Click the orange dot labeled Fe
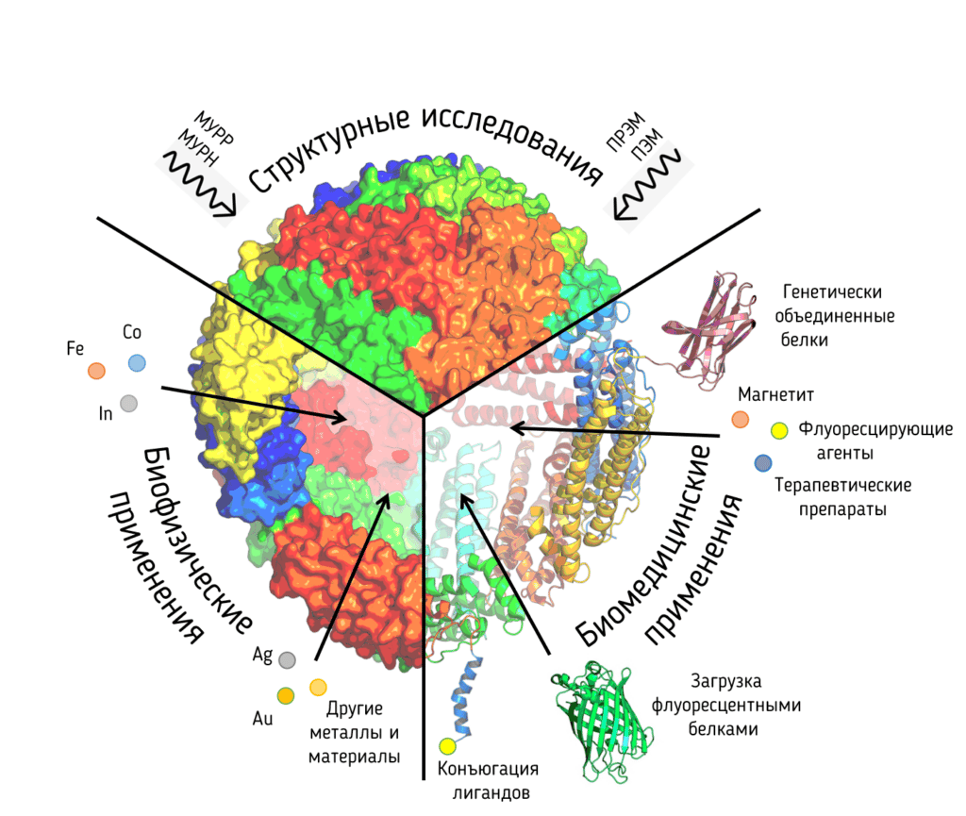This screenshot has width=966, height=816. (97, 371)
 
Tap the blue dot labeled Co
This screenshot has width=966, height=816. (137, 363)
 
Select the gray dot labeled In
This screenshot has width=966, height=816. (128, 404)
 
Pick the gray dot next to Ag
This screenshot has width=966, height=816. (287, 660)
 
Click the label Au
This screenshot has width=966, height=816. (262, 718)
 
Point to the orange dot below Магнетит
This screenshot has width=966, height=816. (740, 420)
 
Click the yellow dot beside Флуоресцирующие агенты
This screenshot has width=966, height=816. (779, 430)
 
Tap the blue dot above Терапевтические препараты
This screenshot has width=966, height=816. (763, 462)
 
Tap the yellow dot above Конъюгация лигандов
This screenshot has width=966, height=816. (447, 746)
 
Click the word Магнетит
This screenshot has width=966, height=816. (775, 394)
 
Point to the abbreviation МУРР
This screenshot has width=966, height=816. (214, 128)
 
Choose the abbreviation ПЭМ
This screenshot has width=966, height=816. (646, 144)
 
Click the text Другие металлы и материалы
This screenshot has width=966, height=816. (355, 732)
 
